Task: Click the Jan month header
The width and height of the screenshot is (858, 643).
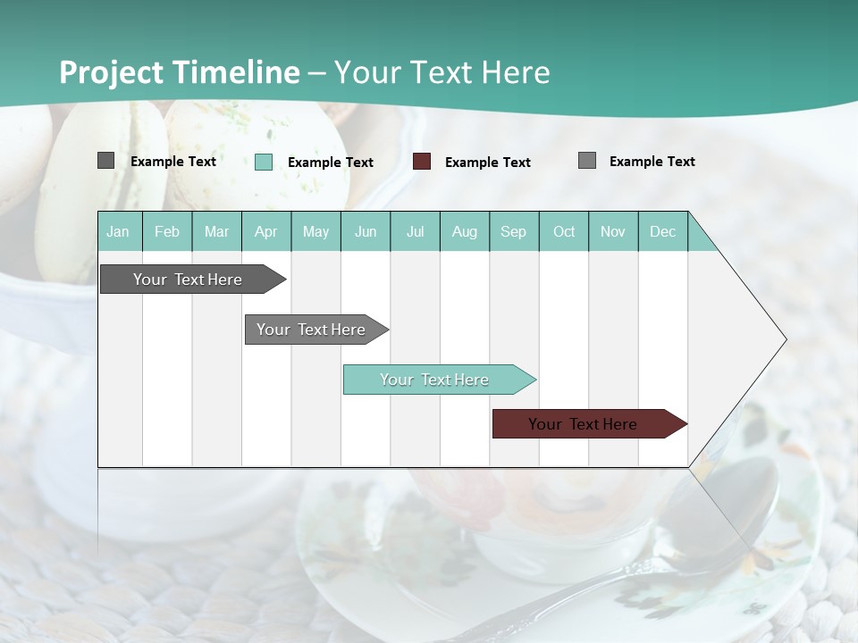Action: point(118,231)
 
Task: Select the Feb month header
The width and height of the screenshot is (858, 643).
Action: point(167,231)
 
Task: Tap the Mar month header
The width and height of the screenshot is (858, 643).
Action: point(216,231)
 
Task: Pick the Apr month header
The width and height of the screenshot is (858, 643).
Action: point(266,231)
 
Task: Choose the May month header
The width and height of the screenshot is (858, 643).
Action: point(315,231)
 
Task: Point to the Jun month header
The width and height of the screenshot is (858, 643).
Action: point(366,231)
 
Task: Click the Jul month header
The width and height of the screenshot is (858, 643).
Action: point(415,231)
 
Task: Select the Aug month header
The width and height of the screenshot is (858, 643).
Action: point(465,231)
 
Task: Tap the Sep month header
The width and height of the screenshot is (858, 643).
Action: point(514,231)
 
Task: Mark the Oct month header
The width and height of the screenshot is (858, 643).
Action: point(564,231)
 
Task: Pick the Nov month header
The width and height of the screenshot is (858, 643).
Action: point(613,231)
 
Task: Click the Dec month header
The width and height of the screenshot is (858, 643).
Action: point(663,231)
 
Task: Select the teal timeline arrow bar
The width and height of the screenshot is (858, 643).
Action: point(435,380)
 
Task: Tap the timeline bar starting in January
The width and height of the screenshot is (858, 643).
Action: point(189,280)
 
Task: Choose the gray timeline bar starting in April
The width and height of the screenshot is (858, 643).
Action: point(312,330)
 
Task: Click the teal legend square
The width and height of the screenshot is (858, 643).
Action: point(264,162)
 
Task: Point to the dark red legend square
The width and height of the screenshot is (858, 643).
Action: point(422,161)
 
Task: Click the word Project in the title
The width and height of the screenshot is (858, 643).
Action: point(112,72)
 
